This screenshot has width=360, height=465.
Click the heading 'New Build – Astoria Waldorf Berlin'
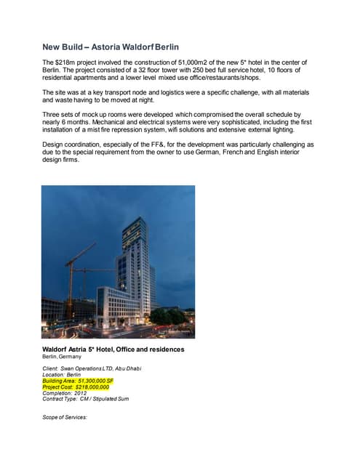click(110, 47)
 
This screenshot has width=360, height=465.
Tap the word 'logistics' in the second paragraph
click(188, 94)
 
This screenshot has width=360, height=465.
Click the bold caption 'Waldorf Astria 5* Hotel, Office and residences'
click(113, 349)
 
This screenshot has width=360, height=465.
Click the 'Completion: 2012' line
click(65, 393)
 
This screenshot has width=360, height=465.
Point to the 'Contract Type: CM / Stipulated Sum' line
click(85, 399)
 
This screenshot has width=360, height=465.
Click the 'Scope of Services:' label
click(65, 417)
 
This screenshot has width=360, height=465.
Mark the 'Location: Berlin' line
click(62, 374)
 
